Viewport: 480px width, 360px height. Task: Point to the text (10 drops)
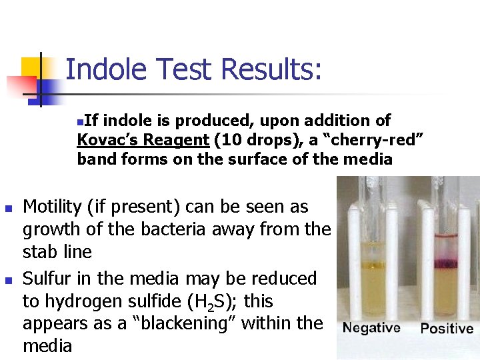point(245,140)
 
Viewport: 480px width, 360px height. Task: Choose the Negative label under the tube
point(371,327)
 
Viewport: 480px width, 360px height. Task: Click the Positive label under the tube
point(447,328)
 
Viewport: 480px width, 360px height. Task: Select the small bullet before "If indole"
point(80,122)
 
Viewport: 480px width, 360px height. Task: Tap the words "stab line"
point(57,252)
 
